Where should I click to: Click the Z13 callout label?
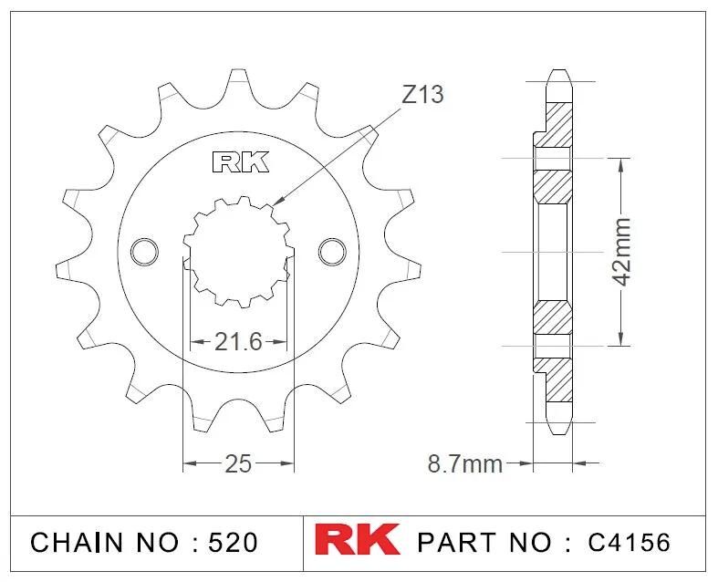coord(422,95)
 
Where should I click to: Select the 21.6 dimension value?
coord(238,341)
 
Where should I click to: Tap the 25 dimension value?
coord(238,463)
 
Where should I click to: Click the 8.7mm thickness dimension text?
coord(464,463)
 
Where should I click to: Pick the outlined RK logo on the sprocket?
coord(241,162)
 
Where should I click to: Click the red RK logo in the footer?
coord(357,540)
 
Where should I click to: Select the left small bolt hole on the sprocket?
coord(145,252)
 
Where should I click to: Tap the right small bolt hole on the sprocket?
coord(332,252)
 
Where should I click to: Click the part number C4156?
coord(630,542)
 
